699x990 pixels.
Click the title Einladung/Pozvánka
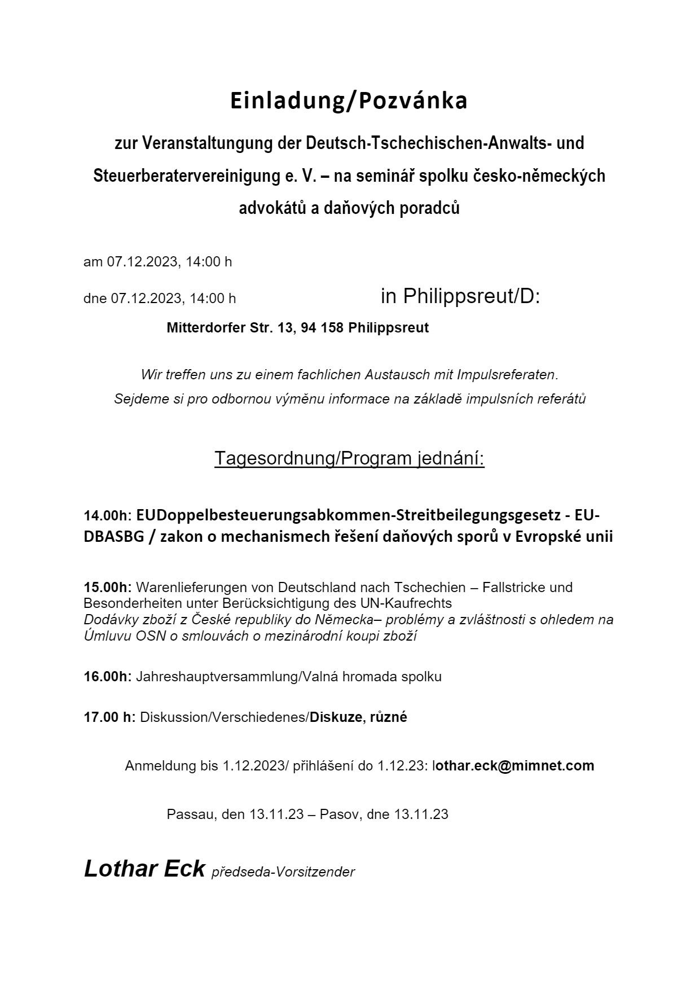349,101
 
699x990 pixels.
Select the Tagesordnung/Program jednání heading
349,458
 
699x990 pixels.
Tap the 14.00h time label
106,515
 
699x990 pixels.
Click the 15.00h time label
107,587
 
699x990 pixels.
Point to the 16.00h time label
107,676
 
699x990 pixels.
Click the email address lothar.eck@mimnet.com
513,765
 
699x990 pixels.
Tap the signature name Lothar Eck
144,868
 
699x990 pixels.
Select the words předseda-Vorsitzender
283,872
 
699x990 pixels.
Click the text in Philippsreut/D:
460,296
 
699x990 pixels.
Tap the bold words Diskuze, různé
358,717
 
